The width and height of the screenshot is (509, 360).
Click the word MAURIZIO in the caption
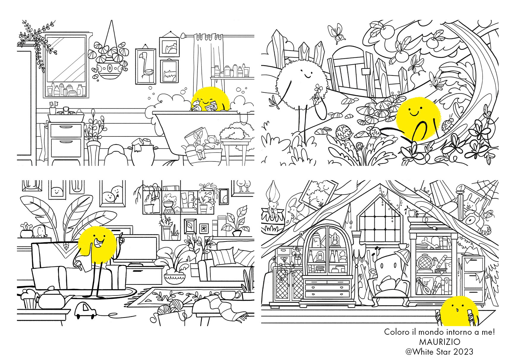tap(439, 342)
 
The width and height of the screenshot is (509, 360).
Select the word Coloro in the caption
tap(396, 332)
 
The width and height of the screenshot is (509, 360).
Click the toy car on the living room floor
tap(85, 310)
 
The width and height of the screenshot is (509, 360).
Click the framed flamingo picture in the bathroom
tap(146, 66)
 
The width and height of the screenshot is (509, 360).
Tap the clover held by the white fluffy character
tap(319, 89)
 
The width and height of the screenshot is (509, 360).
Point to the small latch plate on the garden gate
tap(365, 71)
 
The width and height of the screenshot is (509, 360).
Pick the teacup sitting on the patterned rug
tap(231, 295)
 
